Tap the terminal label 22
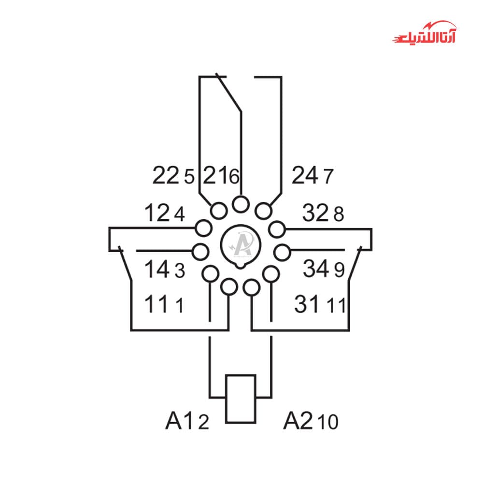pos(166,175)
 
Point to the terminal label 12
pos(157,213)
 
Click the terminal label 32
pos(315,213)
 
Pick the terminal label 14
pos(157,269)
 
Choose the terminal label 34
pos(316,268)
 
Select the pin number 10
pos(328,422)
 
